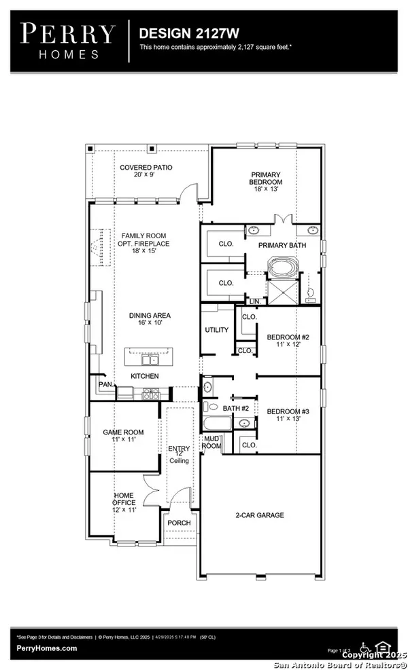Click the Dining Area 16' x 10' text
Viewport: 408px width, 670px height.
pos(150,320)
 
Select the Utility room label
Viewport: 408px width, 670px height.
pos(217,330)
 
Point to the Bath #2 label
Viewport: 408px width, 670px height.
pos(235,408)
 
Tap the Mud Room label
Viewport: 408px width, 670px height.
pos(212,442)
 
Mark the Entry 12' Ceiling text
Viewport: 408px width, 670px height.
pos(180,455)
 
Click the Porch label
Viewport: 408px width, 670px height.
pos(180,523)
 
